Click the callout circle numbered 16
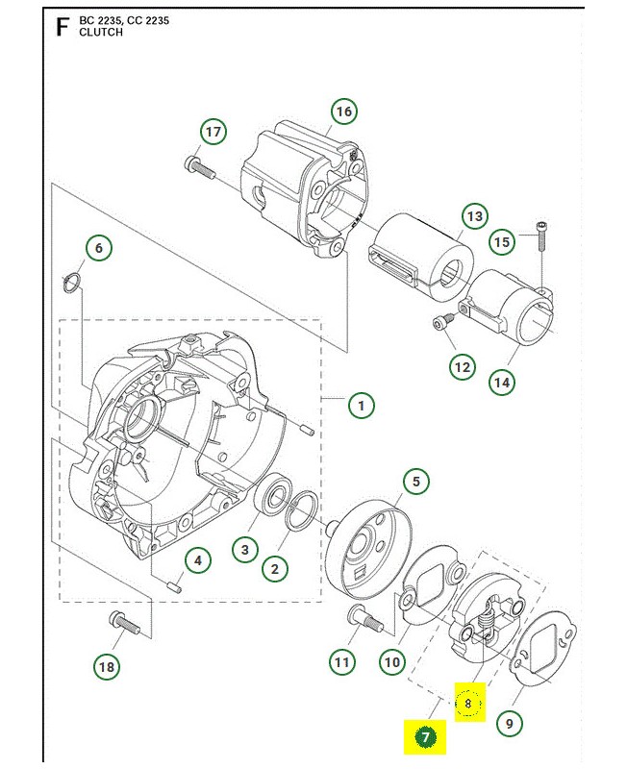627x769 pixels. [x=343, y=112]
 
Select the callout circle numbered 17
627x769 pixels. [x=213, y=132]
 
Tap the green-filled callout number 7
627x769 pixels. [x=426, y=738]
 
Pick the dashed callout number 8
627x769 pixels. [x=467, y=704]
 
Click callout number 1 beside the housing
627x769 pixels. [x=361, y=406]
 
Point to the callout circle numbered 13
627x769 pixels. [x=473, y=215]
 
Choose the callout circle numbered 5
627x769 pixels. [x=415, y=482]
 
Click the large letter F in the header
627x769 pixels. [x=63, y=26]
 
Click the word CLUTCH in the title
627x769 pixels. [x=101, y=32]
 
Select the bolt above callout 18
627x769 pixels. [x=124, y=624]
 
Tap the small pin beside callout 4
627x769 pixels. [x=174, y=583]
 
